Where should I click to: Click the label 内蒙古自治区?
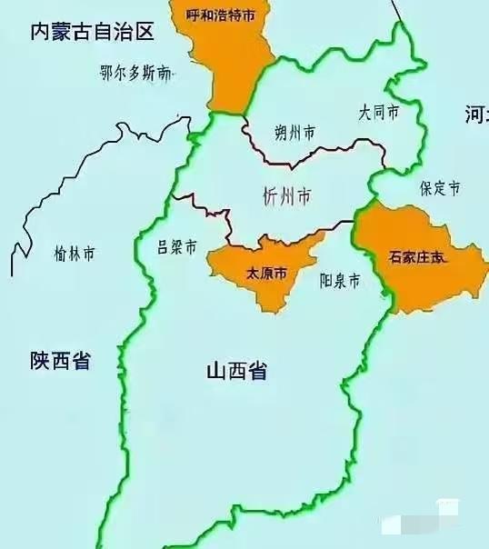[92, 33]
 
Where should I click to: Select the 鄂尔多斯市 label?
[135, 75]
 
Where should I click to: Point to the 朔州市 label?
[295, 133]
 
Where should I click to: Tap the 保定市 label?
[440, 189]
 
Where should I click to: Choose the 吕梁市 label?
[177, 247]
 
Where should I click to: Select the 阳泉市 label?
[340, 281]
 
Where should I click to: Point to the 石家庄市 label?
[419, 258]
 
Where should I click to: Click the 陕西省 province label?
[60, 361]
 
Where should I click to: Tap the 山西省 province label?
[236, 371]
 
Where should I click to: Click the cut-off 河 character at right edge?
[476, 114]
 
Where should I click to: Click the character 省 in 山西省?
[257, 371]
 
